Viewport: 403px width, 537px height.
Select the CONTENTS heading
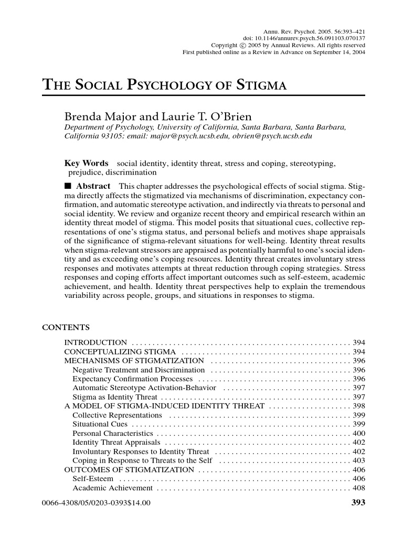click(66, 328)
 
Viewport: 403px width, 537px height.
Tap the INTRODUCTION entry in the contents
click(96, 342)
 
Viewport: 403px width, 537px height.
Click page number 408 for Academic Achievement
click(359, 488)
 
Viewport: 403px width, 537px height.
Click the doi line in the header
click(304, 38)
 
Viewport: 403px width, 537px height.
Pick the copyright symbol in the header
click(242, 45)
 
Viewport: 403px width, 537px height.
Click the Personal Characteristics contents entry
click(113, 434)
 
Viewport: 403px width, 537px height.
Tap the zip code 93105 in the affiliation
click(108, 136)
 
